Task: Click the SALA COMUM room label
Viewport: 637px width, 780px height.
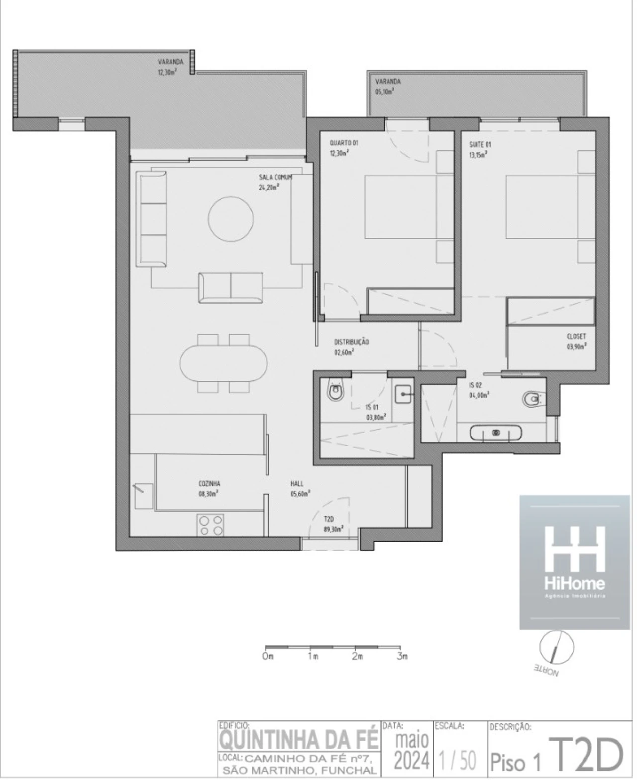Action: (x=275, y=177)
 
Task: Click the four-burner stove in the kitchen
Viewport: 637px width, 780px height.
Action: (x=211, y=525)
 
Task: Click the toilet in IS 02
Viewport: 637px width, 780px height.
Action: (x=533, y=399)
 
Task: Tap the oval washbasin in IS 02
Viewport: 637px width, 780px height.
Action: (x=496, y=433)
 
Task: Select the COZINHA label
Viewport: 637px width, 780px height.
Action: (x=209, y=483)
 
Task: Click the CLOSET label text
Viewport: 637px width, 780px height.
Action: (x=576, y=336)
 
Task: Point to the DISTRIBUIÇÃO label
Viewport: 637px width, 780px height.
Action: (x=351, y=342)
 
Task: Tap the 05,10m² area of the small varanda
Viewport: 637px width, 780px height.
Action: (x=385, y=92)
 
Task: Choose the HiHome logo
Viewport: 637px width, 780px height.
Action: (x=574, y=561)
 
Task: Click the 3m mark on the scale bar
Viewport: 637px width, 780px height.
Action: (x=402, y=657)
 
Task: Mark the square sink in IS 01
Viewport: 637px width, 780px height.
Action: (x=403, y=395)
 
